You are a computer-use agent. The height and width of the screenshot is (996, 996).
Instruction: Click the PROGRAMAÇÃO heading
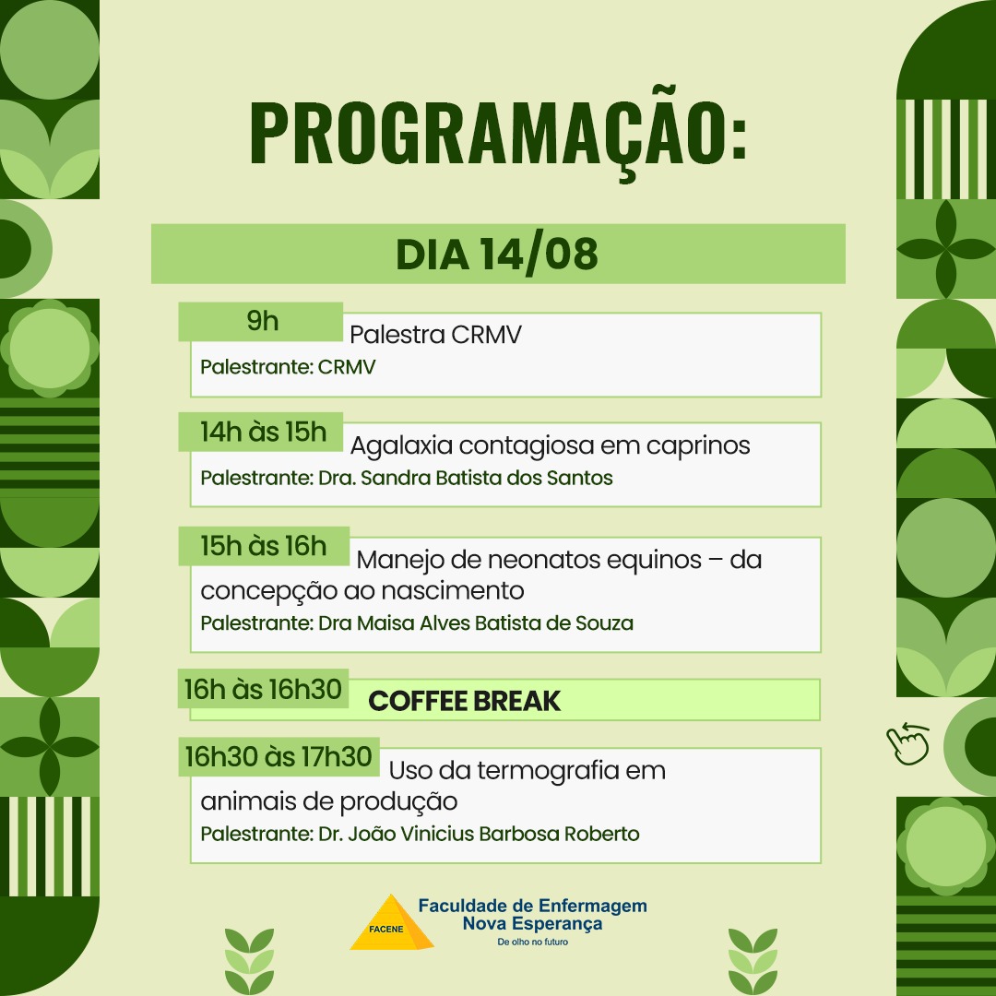[498, 134]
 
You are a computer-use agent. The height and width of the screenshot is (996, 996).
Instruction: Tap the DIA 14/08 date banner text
[497, 255]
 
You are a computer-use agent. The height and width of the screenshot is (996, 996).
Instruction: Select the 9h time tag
[261, 322]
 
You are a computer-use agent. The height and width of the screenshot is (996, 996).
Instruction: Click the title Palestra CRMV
[435, 334]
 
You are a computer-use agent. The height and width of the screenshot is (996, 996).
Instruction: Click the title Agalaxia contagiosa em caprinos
[550, 445]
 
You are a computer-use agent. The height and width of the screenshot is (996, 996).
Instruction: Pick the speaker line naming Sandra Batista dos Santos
[407, 478]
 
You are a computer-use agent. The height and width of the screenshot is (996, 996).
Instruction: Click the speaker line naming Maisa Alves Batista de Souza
[417, 623]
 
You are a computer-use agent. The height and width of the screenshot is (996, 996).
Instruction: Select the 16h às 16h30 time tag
[263, 689]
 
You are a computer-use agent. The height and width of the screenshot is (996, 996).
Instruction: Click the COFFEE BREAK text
[464, 701]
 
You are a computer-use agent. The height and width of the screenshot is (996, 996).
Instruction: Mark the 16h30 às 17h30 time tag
[279, 757]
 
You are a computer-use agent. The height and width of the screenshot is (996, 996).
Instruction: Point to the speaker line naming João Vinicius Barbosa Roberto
[420, 834]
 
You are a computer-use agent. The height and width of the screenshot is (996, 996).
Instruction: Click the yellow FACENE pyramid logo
[392, 923]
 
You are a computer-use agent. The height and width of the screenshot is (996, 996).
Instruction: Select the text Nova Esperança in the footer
[532, 923]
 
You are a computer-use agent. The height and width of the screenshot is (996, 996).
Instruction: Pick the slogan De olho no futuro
[532, 942]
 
